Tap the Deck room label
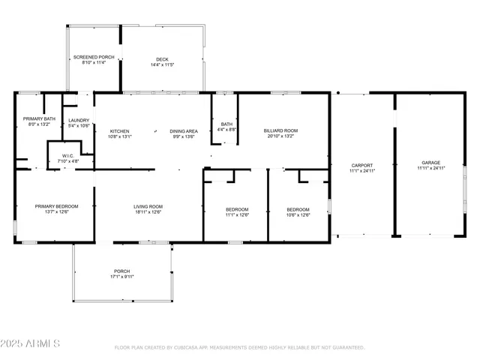tap(162, 59)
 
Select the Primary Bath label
tap(39, 119)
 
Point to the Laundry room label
tap(79, 121)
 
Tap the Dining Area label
tap(183, 131)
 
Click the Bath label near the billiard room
tap(226, 124)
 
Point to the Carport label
tap(361, 166)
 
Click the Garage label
tap(430, 163)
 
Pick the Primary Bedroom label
tap(56, 206)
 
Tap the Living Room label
tap(148, 206)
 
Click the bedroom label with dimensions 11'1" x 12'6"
tap(237, 209)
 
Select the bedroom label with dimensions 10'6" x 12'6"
tap(298, 209)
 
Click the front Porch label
tap(121, 271)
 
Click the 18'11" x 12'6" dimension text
tap(148, 211)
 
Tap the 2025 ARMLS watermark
tap(31, 343)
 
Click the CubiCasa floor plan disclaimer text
tap(239, 348)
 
